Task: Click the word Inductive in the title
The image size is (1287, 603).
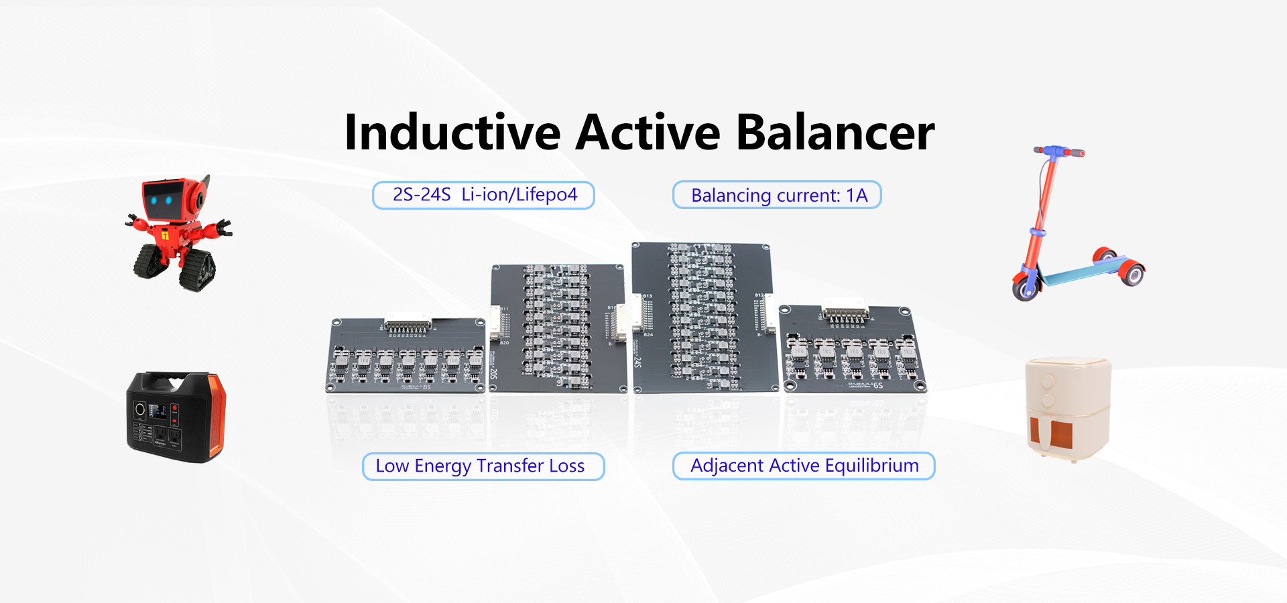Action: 452,133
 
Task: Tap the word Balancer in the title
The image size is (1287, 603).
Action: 835,133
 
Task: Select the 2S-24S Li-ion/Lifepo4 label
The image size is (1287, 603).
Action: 483,195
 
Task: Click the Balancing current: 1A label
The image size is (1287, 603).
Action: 777,195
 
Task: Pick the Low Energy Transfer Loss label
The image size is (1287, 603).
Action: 483,466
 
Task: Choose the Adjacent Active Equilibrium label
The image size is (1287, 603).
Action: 804,466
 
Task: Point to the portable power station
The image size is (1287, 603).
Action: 176,417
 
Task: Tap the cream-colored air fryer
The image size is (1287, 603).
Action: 1068,407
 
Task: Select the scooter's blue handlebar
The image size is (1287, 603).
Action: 1058,152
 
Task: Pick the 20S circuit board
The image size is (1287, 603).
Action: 558,328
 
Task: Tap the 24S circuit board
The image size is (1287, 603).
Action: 704,318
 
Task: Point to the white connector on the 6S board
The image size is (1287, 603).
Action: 845,313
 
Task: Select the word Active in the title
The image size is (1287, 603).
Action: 648,133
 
